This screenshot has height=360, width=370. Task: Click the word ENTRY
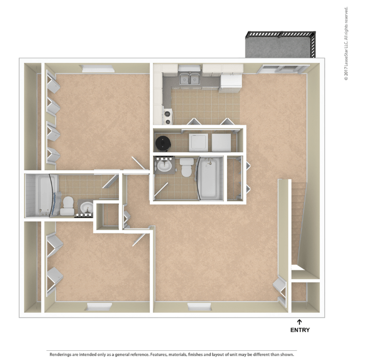click(300, 330)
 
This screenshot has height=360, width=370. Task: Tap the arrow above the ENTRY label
click(299, 322)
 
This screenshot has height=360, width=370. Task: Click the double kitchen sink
click(190, 78)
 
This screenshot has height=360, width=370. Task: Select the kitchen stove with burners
click(168, 116)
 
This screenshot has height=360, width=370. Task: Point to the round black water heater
click(163, 143)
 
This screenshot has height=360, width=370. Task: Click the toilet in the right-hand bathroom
click(187, 167)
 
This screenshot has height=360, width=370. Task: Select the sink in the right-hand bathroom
click(165, 166)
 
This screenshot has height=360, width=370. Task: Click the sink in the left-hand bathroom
click(87, 207)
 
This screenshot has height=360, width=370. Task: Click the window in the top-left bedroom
click(98, 69)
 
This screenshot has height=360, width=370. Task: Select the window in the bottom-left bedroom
click(99, 307)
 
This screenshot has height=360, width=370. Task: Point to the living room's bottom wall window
click(200, 307)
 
